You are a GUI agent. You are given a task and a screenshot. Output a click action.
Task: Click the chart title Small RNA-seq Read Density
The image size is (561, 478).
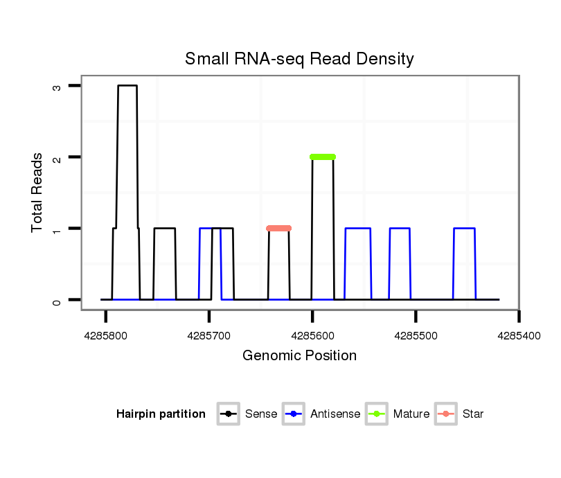[299, 59]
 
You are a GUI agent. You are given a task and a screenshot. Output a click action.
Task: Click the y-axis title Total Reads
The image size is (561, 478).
[37, 193]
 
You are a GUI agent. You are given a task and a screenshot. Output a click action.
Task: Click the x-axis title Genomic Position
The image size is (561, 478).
[299, 356]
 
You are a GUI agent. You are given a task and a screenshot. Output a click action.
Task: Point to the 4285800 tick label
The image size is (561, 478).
[105, 335]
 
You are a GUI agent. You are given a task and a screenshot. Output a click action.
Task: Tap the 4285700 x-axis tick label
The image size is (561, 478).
[208, 335]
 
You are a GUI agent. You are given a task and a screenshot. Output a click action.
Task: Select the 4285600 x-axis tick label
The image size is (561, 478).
[312, 335]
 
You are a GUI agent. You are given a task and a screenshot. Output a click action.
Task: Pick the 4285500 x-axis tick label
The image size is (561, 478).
[416, 335]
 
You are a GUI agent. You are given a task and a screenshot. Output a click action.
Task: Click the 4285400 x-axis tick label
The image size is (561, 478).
[519, 335]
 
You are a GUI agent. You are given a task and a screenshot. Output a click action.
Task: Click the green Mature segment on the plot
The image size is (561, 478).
[323, 157]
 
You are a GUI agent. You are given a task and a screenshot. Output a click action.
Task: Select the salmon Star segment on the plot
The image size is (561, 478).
[279, 229]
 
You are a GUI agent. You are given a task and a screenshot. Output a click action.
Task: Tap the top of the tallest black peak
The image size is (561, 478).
[127, 86]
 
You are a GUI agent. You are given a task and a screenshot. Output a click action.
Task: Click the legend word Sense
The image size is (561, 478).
[261, 414]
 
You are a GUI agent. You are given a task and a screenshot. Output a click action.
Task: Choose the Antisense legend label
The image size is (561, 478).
[335, 414]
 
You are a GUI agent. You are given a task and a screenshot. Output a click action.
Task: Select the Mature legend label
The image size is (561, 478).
[411, 414]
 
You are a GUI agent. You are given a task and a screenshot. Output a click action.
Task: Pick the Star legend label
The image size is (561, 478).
[473, 414]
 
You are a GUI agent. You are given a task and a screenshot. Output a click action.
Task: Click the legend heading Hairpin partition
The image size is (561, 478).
[161, 414]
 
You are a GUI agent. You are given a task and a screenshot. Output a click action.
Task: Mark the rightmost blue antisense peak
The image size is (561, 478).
[464, 229]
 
